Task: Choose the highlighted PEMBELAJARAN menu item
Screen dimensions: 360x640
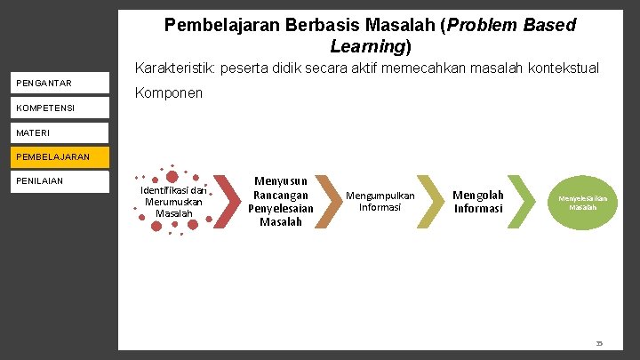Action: [x=53, y=157]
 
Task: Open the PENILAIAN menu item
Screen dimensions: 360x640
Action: [x=41, y=181]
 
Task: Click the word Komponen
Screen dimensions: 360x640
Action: [x=169, y=93]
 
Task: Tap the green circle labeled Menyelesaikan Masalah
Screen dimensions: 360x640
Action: [x=582, y=203]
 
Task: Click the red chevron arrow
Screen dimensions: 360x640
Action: [x=227, y=202]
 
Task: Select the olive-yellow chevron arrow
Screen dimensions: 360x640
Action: [x=430, y=202]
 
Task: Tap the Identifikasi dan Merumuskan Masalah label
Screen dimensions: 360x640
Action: [x=173, y=202]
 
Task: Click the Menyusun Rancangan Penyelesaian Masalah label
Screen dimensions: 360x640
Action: [x=281, y=201]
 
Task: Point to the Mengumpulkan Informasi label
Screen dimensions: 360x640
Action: [x=380, y=201]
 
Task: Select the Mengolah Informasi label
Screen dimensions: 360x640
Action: [x=478, y=202]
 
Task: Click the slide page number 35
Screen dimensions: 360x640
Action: [x=599, y=342]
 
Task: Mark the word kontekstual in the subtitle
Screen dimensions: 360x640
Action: [x=563, y=68]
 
